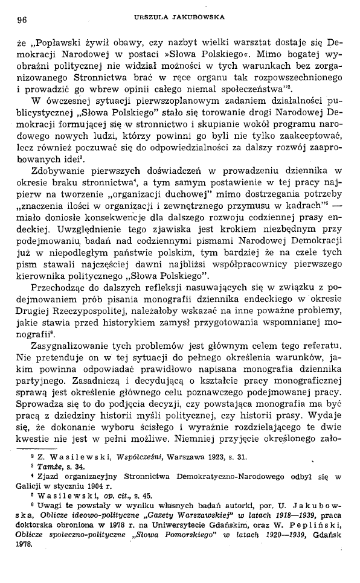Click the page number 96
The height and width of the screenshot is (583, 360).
[23, 19]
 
